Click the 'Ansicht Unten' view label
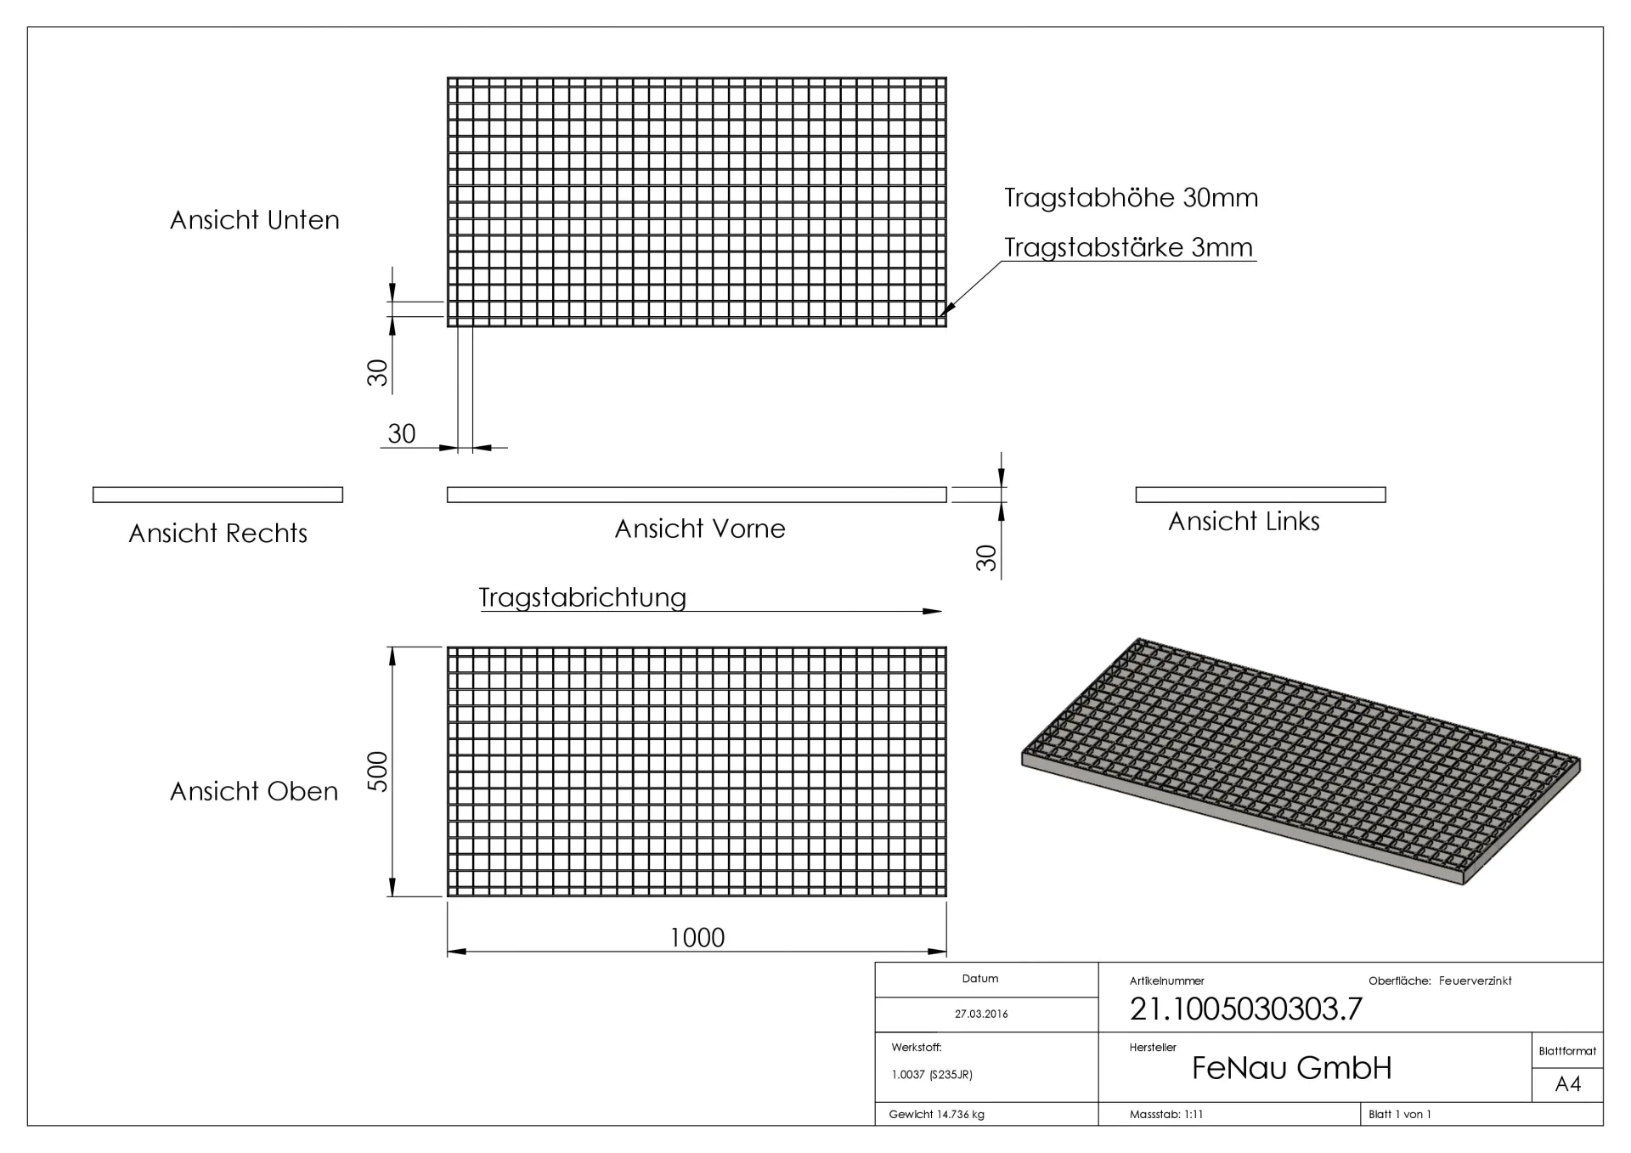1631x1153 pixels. (254, 220)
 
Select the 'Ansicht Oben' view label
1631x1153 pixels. (254, 792)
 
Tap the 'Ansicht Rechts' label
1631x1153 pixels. (217, 534)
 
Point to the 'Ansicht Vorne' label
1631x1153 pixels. (699, 529)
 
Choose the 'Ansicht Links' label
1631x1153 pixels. (1244, 522)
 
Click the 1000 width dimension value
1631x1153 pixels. (697, 938)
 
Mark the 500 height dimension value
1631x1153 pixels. (377, 771)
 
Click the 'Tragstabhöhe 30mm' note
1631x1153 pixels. (1131, 198)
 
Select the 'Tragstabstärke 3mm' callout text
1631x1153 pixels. (1128, 248)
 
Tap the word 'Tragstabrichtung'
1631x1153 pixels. (582, 597)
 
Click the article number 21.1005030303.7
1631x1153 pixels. (1245, 1009)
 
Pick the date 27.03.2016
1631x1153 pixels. (981, 1015)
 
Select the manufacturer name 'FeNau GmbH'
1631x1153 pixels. (1291, 1069)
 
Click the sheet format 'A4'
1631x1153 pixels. (1567, 1084)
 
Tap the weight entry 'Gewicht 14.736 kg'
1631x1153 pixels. (936, 1115)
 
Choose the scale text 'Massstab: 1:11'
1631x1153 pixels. (1165, 1115)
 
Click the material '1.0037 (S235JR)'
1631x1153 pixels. (932, 1075)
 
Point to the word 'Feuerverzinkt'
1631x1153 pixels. (1475, 981)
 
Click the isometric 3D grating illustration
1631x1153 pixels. (1300, 760)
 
